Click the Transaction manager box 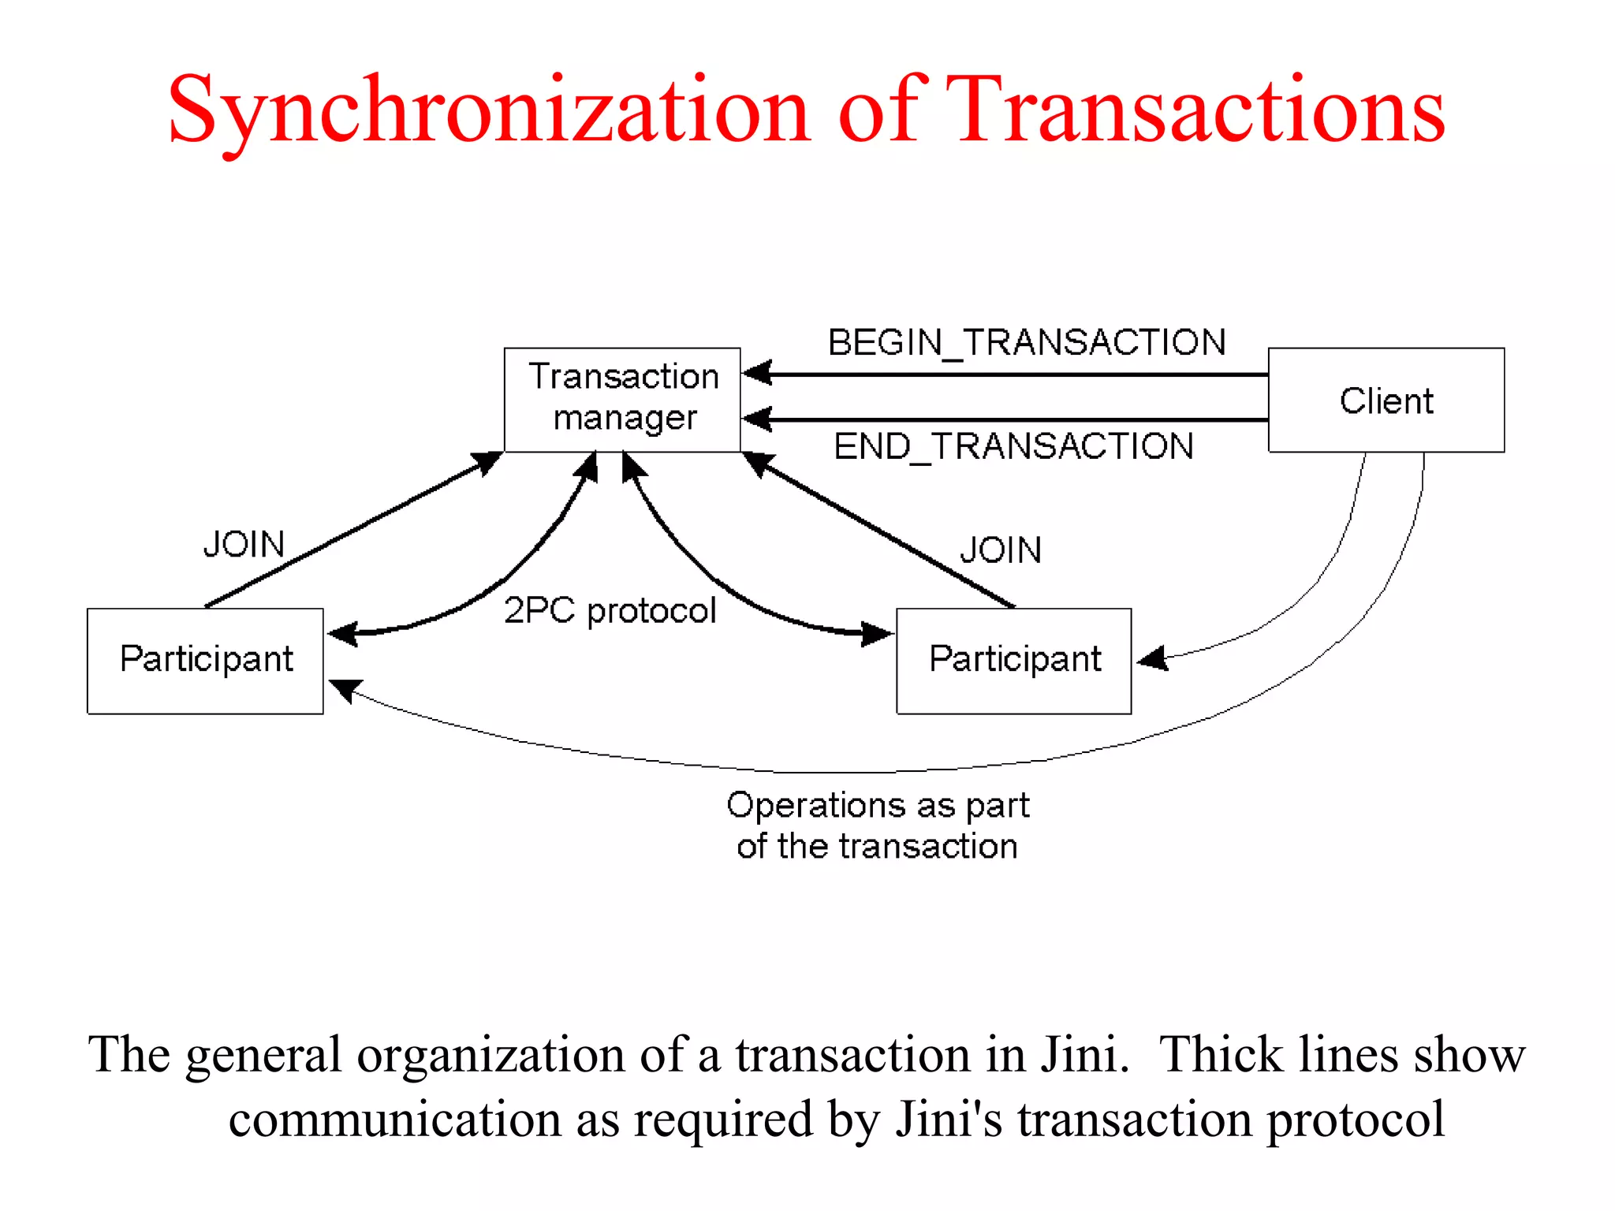622,399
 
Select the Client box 1386,400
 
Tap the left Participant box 205,661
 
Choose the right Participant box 1014,661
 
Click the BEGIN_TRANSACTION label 1026,343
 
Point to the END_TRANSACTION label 1013,446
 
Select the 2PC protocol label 610,610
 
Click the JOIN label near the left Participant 244,544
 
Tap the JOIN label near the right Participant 1001,550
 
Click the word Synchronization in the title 489,110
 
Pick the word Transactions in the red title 1195,110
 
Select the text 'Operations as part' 878,806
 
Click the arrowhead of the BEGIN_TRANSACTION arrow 756,373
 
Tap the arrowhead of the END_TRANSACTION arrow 756,419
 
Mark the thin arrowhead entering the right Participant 1152,658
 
